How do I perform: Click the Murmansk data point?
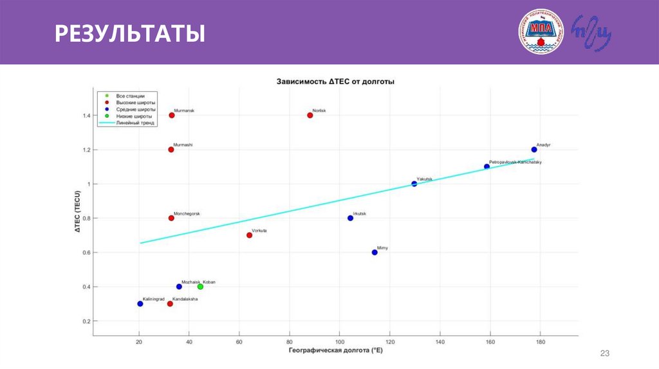(172, 116)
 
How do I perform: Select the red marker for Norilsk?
(310, 116)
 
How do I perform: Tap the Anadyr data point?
(534, 150)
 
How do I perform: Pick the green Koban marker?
(200, 287)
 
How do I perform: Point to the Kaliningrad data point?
(140, 303)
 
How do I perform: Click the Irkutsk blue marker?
(351, 218)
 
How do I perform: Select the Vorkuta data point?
(250, 235)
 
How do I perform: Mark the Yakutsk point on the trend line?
(414, 184)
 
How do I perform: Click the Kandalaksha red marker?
(170, 303)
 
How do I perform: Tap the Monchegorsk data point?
(171, 218)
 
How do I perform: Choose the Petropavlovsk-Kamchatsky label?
(515, 163)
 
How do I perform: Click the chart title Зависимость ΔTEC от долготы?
(335, 82)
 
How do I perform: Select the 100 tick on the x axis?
(340, 342)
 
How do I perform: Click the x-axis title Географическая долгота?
(336, 350)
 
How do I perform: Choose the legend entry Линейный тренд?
(136, 122)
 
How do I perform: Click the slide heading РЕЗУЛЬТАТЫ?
(129, 33)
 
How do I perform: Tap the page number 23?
(604, 354)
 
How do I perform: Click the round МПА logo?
(541, 32)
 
